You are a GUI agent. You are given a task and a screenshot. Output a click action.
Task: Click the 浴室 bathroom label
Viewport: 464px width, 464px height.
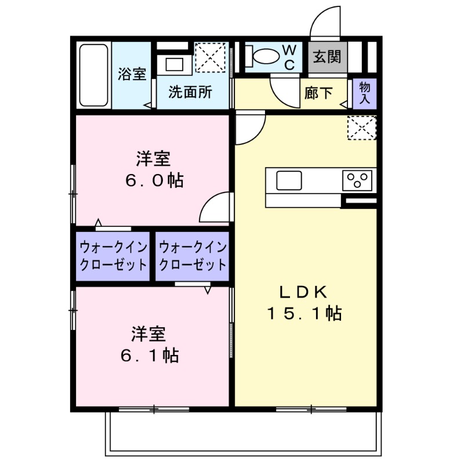pos(132,74)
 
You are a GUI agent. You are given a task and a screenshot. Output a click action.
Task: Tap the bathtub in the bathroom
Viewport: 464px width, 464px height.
pos(93,76)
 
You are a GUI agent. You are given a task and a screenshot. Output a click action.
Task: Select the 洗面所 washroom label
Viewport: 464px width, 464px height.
pos(190,92)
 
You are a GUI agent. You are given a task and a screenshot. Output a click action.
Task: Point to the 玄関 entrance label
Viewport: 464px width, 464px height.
pos(327,57)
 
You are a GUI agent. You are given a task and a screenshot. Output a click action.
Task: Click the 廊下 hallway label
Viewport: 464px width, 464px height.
pos(318,93)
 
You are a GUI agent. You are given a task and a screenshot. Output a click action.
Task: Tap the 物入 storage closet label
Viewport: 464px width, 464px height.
pos(365,93)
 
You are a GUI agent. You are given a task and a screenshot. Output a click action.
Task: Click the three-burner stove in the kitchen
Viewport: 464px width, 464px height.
pos(358,180)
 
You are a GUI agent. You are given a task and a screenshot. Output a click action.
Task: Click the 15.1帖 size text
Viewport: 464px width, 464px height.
pos(304,314)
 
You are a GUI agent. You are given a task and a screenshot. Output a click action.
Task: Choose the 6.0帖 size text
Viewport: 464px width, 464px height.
pos(154,180)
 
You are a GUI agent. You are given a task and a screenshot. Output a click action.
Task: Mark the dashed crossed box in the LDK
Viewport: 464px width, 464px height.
pos(361,128)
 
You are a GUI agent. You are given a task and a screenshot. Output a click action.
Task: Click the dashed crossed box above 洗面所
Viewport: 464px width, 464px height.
pos(211,57)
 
